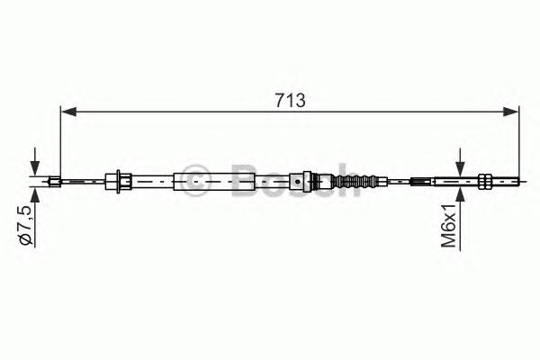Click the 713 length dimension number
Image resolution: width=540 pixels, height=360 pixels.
(x=290, y=101)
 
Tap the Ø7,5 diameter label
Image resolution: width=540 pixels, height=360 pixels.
(x=27, y=224)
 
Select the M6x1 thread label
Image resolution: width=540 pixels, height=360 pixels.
(x=448, y=225)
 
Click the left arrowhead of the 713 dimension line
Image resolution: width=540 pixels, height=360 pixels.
(x=68, y=112)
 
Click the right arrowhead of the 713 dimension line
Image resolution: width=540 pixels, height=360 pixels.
(x=510, y=112)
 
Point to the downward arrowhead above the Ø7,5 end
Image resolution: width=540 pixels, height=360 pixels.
(x=35, y=168)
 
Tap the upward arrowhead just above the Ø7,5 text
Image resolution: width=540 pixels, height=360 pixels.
(x=35, y=195)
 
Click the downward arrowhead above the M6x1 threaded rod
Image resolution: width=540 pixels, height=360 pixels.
(x=460, y=168)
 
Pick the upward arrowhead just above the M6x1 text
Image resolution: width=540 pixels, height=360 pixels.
(x=460, y=194)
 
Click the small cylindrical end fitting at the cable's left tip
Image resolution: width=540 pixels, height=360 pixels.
(x=55, y=181)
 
